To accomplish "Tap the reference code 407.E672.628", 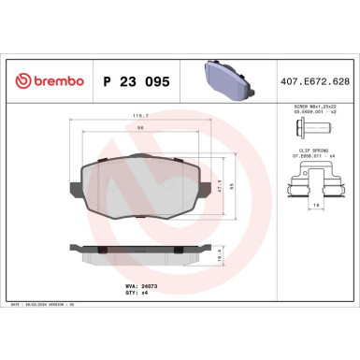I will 315,81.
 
